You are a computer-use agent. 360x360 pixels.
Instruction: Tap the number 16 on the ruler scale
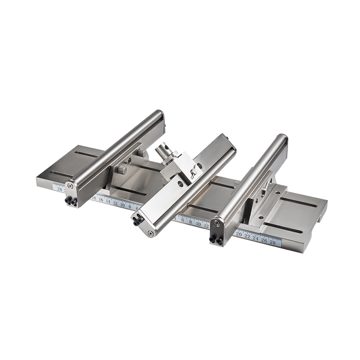(101, 200)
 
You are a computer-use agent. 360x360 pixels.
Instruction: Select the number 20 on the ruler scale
(239, 234)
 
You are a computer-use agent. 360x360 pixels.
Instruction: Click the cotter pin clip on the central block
(193, 170)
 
